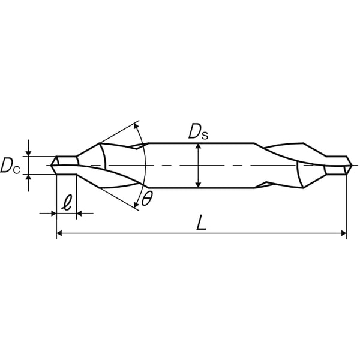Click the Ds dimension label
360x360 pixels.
[x=198, y=133]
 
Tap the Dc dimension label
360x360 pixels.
[x=10, y=166]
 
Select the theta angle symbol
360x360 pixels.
[x=146, y=199]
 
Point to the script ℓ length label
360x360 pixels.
[x=67, y=202]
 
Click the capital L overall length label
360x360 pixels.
[x=202, y=222]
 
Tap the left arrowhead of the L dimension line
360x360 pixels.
[x=59, y=233]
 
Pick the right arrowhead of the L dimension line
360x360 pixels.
[x=344, y=233]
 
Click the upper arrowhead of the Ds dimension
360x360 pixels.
[x=199, y=146]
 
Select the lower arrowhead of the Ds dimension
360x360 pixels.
[x=199, y=185]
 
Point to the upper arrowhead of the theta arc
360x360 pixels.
[x=136, y=125]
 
